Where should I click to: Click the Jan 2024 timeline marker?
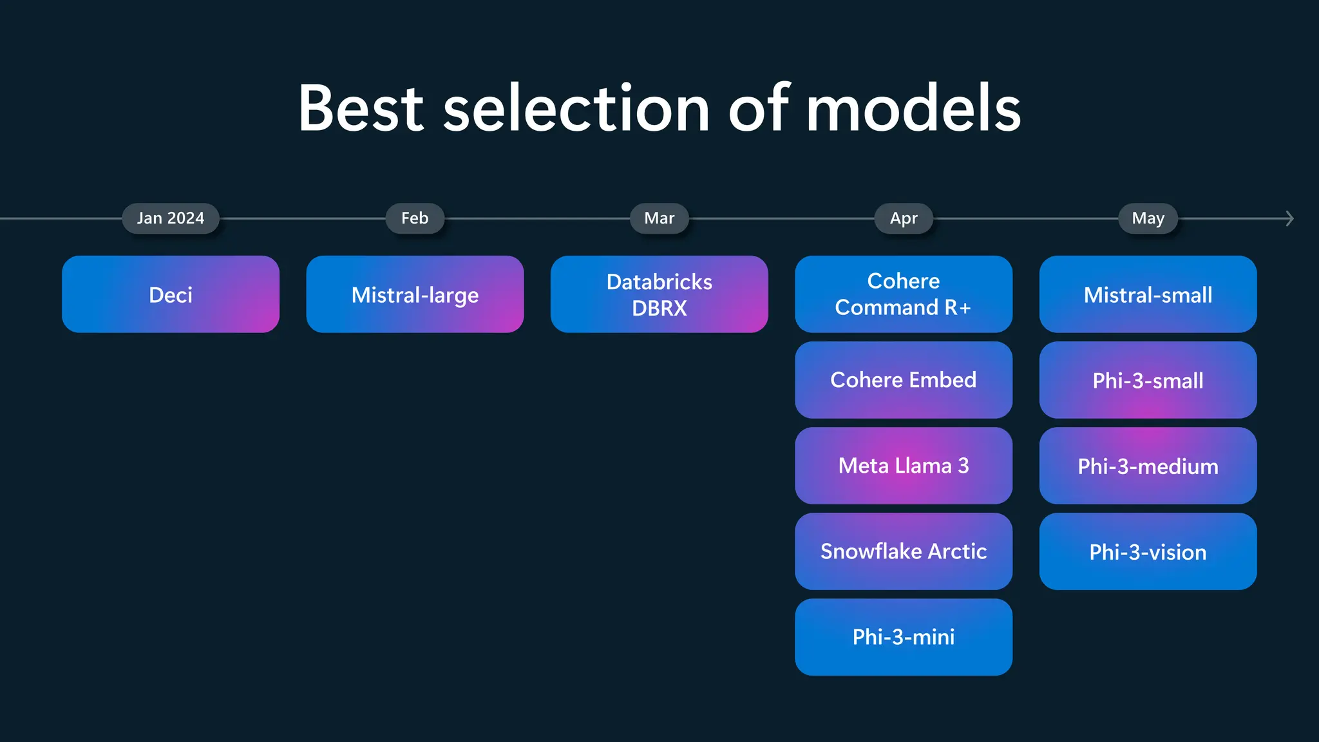tap(171, 218)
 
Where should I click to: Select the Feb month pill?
tap(415, 218)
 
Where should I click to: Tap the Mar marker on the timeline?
tap(659, 218)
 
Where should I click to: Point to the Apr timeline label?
tap(904, 218)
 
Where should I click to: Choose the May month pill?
tap(1148, 218)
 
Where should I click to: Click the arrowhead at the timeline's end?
tap(1289, 218)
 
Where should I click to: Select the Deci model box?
tap(171, 294)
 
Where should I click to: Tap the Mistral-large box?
tap(415, 294)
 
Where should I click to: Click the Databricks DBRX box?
tap(659, 294)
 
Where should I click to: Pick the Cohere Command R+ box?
tap(904, 294)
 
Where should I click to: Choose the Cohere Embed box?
tap(904, 380)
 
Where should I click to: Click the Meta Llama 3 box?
tap(904, 466)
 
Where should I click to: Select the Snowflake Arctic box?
tap(904, 551)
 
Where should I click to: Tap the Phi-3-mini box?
tap(904, 637)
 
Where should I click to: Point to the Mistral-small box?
tap(1148, 294)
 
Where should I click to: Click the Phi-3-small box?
tap(1148, 380)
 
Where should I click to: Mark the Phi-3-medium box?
tap(1148, 466)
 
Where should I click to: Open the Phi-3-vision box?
tap(1148, 551)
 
